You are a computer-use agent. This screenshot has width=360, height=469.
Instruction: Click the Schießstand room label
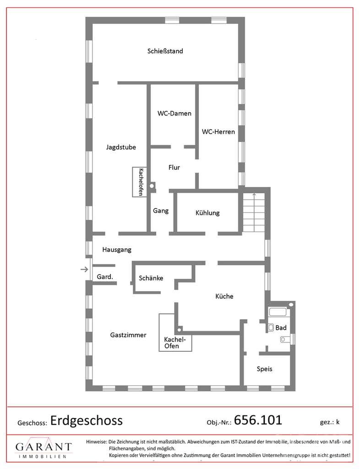[x=165, y=51]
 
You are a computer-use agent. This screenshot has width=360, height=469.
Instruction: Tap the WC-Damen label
[x=175, y=114]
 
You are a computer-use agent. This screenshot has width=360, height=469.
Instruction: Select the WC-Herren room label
[x=218, y=131]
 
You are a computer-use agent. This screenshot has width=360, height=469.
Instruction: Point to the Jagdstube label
[x=121, y=147]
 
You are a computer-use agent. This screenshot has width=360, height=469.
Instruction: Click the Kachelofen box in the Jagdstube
[x=140, y=182]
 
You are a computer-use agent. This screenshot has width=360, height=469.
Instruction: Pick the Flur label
[x=174, y=168]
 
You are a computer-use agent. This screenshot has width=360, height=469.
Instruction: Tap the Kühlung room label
[x=207, y=213]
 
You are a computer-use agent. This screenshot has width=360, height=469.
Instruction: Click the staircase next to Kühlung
[x=254, y=212]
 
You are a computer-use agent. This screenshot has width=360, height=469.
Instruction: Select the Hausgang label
[x=117, y=250]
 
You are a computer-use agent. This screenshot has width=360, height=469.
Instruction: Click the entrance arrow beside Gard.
[x=85, y=269]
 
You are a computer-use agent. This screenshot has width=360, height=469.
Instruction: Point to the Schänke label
[x=151, y=278]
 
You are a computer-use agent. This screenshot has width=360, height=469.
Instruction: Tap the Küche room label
[x=224, y=296]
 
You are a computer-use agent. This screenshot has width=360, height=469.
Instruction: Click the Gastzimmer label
[x=128, y=335]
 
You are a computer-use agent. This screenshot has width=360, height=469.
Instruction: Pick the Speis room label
[x=265, y=369]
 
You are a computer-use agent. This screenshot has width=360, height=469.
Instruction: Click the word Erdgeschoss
[x=87, y=420]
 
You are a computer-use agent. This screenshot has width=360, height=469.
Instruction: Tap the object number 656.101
[x=258, y=420]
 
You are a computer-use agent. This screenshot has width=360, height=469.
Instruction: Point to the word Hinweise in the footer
[x=96, y=442]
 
